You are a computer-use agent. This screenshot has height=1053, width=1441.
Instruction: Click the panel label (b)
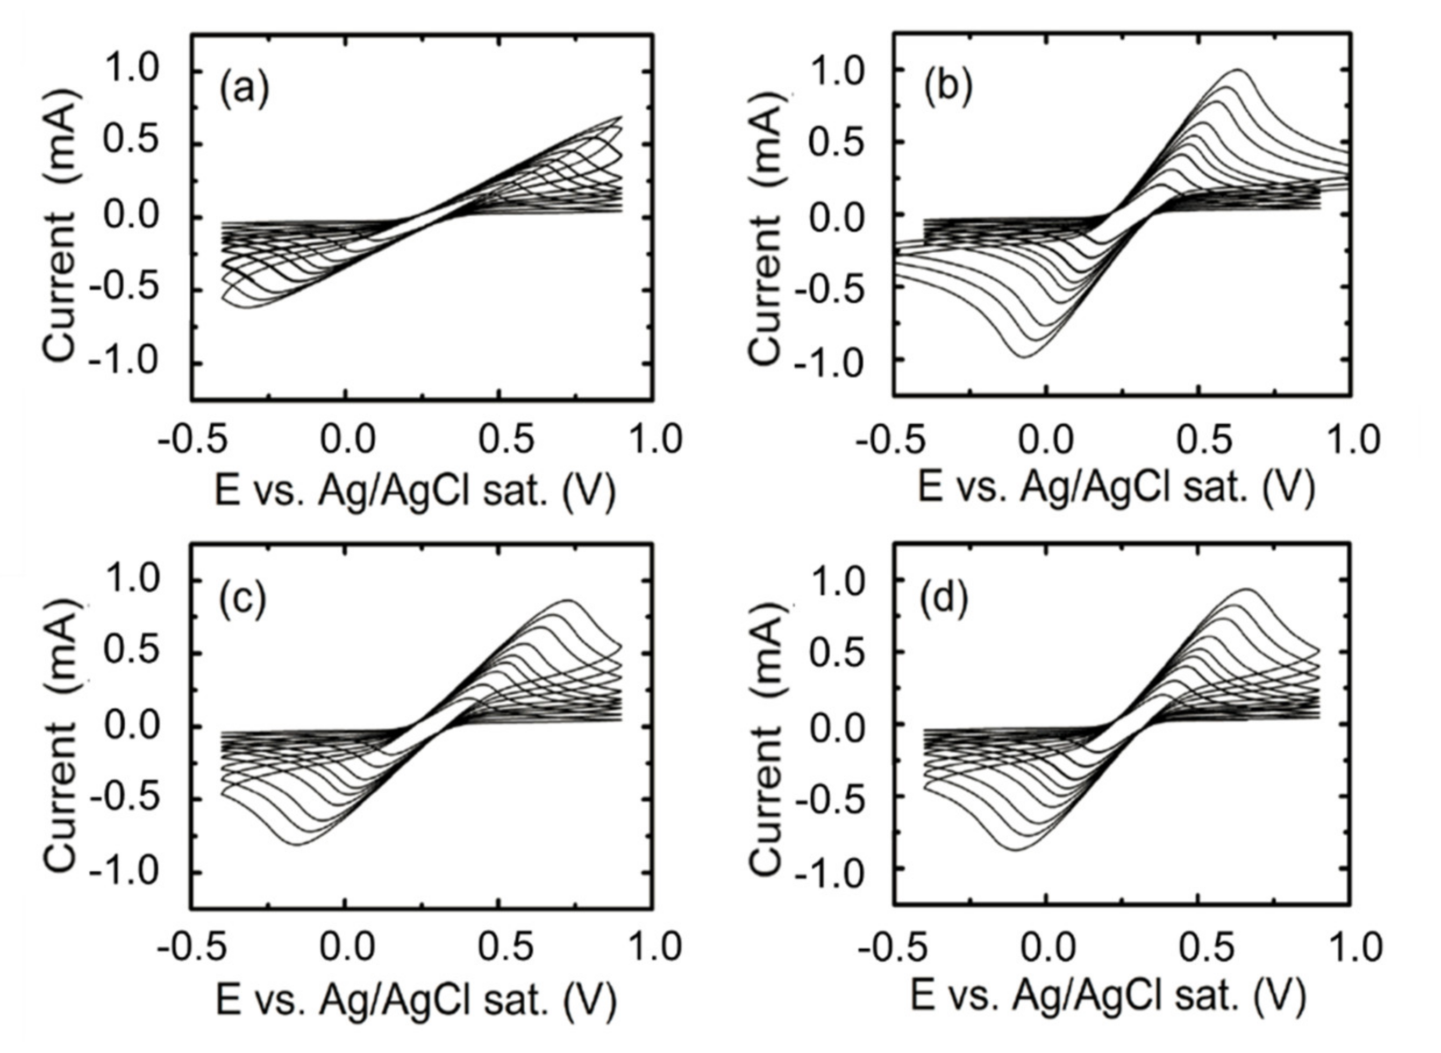coord(948,89)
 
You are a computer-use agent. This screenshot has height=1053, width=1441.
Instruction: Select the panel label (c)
coord(244,601)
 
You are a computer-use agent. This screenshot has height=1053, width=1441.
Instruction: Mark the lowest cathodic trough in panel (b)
coord(1023,357)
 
